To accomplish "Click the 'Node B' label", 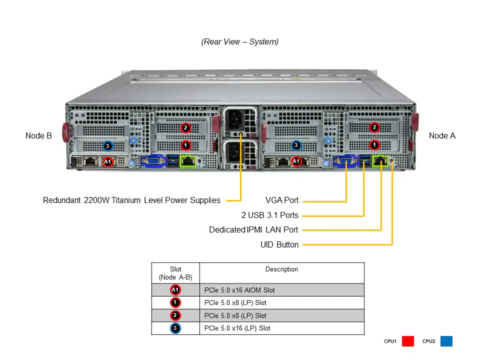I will click(x=38, y=135).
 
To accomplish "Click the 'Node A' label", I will click(x=442, y=135).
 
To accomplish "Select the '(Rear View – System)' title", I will click(x=240, y=42).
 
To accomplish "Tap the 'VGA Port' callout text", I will click(x=281, y=200).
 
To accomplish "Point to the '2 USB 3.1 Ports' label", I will click(x=269, y=215).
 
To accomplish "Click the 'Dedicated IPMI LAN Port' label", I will click(x=253, y=230).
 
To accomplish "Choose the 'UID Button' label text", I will click(x=279, y=245).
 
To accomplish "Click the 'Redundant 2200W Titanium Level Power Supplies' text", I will click(x=131, y=200).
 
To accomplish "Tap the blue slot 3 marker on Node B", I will click(x=107, y=146).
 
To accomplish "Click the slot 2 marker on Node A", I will click(x=374, y=127).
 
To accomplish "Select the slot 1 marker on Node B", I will click(x=185, y=145).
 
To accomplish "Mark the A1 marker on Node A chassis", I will click(x=296, y=161).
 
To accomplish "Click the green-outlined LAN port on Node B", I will click(x=188, y=161).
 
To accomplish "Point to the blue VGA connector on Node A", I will click(x=346, y=161).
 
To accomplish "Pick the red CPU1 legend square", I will click(x=408, y=341).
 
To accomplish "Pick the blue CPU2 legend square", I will click(x=446, y=341).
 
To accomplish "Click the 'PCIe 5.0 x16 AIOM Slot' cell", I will click(x=239, y=290).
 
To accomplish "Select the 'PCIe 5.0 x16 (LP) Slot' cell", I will click(x=237, y=328).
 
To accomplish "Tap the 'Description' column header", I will click(x=281, y=269).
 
